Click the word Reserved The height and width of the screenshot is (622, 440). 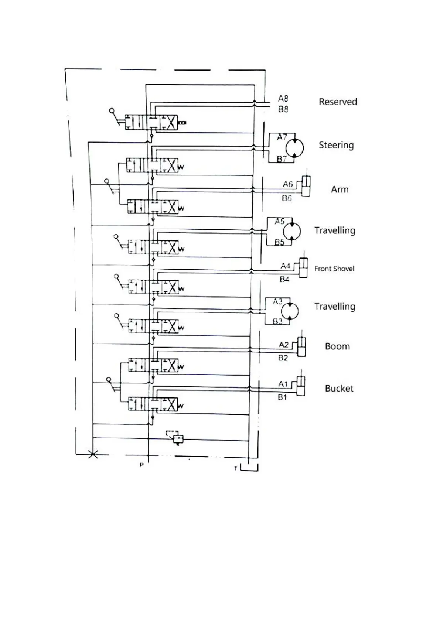point(338,102)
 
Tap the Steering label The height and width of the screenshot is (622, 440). point(336,145)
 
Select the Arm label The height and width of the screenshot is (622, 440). point(340,189)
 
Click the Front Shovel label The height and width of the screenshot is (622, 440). point(334,269)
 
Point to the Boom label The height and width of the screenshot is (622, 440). point(337,346)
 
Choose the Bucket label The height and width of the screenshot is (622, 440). point(339,388)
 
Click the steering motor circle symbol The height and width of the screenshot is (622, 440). point(294,148)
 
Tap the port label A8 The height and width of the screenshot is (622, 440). point(283,98)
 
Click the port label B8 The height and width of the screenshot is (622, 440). point(283,109)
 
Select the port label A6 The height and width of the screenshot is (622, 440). point(287,184)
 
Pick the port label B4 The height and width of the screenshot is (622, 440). point(284,279)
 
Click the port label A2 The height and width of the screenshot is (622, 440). point(283,345)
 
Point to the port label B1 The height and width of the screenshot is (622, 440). point(282,397)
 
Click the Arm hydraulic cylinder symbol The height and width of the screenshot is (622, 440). point(306,186)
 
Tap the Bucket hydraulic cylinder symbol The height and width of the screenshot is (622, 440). point(301,386)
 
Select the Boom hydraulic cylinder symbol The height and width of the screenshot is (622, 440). point(301,347)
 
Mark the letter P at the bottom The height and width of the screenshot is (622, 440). point(141,465)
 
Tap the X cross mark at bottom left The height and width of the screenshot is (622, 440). point(93,454)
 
